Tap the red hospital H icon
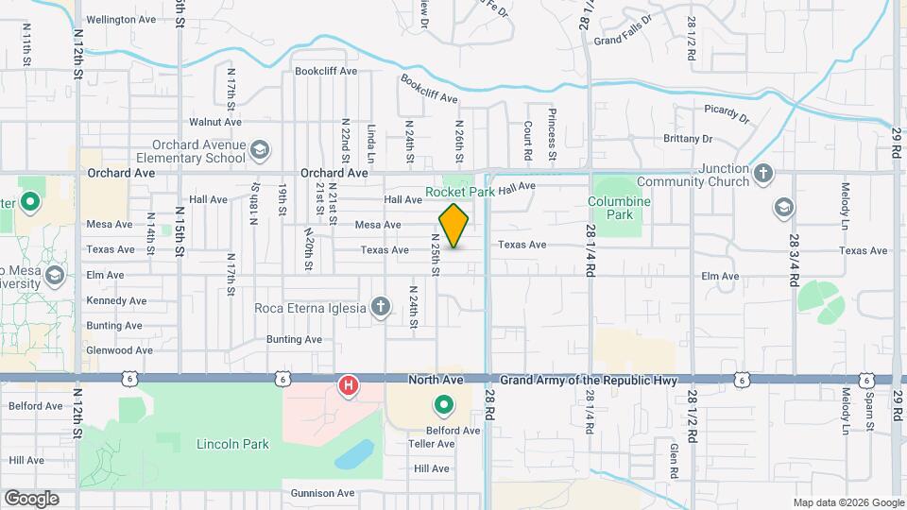click(349, 385)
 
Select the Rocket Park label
click(460, 192)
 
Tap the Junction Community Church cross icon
click(763, 175)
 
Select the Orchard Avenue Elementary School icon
click(260, 150)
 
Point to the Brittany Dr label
click(687, 139)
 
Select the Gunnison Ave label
click(320, 493)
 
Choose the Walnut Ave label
click(216, 122)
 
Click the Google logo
click(31, 498)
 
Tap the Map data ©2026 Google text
click(847, 502)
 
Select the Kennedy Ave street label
click(116, 300)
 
